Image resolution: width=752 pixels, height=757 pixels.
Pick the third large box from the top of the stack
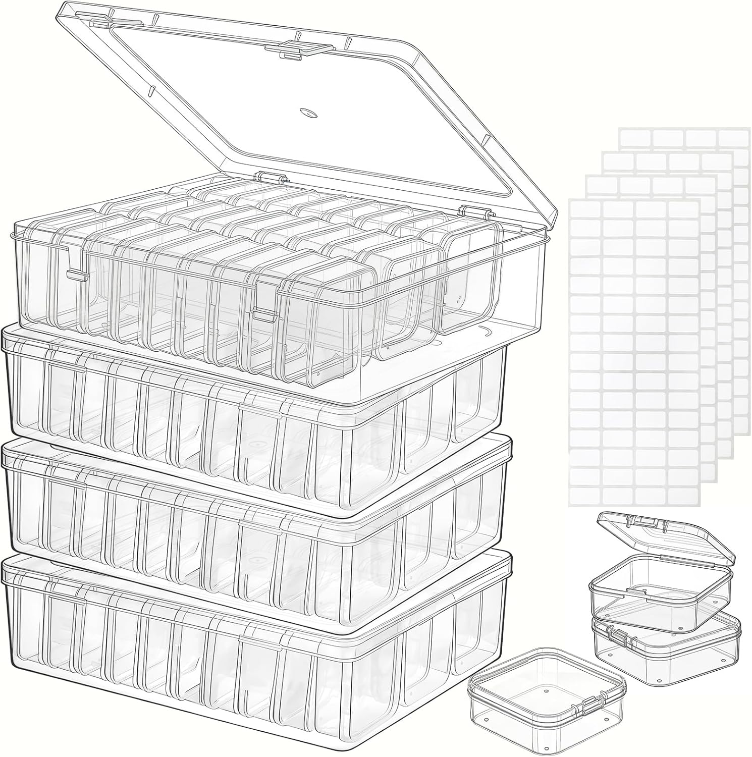coord(252,510)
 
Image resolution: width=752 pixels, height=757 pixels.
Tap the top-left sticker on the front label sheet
coord(586,209)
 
